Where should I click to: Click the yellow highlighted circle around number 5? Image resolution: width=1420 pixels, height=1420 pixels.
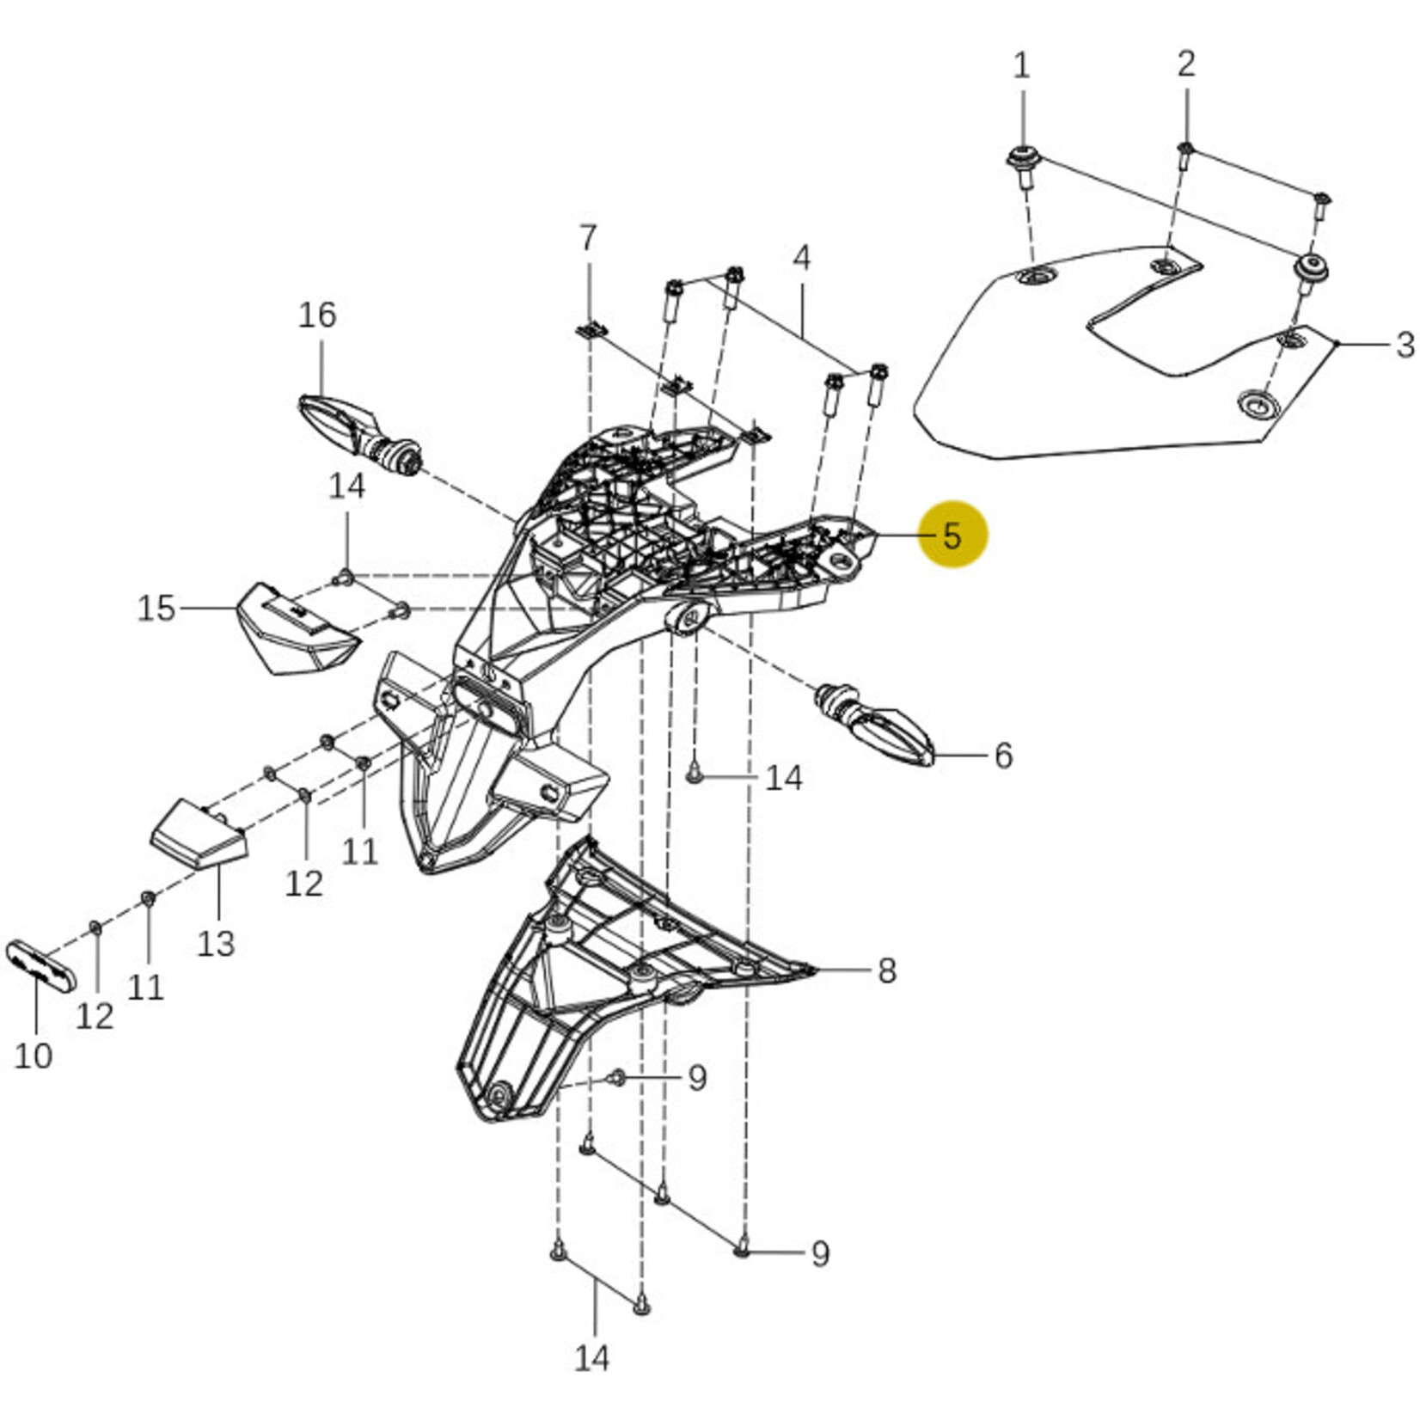(952, 535)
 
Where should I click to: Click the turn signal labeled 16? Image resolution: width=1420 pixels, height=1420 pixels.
(360, 434)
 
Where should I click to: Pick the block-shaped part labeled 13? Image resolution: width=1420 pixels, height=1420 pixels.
(199, 835)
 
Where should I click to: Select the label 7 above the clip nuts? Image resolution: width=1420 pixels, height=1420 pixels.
(588, 238)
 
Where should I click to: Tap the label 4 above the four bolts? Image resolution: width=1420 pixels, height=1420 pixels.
(801, 257)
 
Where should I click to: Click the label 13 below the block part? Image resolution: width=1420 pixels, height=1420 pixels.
(216, 943)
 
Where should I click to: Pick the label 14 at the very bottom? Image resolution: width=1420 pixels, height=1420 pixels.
(592, 1358)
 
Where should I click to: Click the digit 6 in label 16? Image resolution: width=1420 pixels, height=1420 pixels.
(327, 315)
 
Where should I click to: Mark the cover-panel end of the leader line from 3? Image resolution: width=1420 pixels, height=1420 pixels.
(1337, 344)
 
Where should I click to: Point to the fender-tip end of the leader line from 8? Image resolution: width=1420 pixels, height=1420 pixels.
(814, 970)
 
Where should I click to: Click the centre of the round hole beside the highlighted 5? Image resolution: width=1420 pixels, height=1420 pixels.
(841, 562)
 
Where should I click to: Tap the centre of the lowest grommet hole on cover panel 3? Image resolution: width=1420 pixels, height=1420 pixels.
(1257, 404)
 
